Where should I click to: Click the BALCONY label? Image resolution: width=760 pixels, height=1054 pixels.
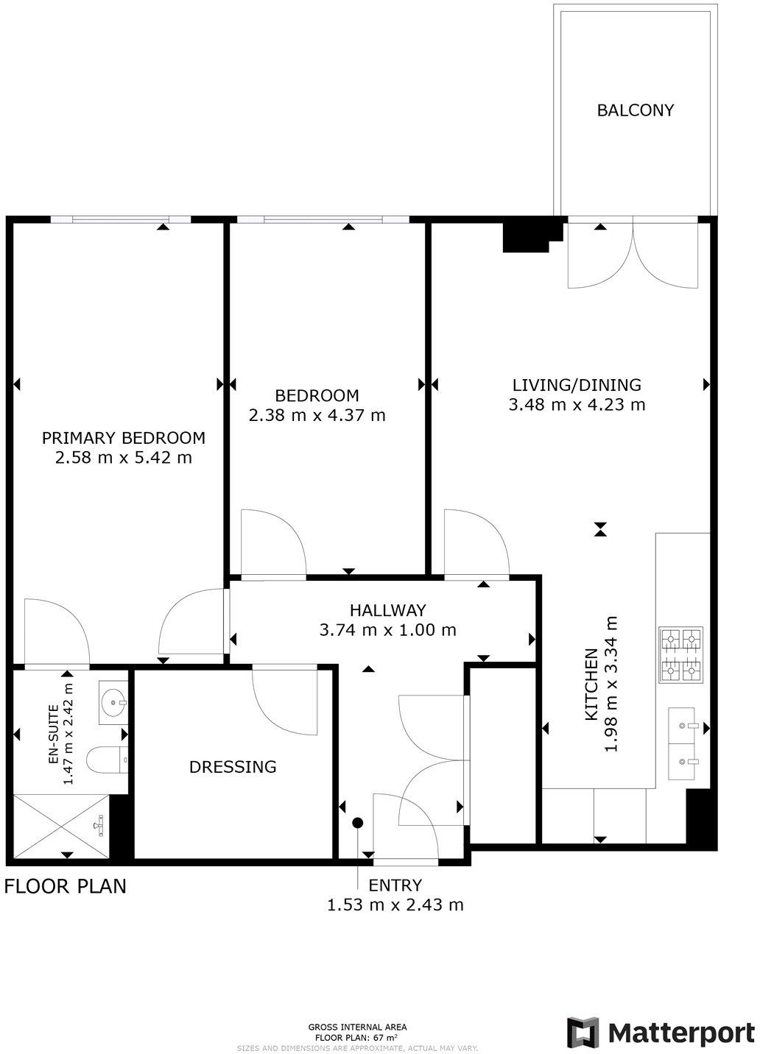click(636, 110)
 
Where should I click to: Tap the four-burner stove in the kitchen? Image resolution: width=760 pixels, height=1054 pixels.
click(681, 654)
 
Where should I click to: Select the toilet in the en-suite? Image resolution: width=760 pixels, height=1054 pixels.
click(108, 759)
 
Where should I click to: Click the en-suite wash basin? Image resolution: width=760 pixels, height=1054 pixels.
click(113, 703)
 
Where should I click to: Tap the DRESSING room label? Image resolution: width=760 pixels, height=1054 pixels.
click(233, 767)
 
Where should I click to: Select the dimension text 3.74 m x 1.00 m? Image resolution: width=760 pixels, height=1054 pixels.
click(387, 630)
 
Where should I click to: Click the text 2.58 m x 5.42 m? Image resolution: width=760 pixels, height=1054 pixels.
click(124, 457)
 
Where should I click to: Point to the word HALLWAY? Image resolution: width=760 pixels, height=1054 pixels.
click(387, 610)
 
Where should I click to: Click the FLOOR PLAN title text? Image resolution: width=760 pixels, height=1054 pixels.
click(66, 886)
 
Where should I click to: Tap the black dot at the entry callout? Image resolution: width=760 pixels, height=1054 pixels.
click(358, 822)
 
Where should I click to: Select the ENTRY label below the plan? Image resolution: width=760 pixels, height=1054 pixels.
click(395, 885)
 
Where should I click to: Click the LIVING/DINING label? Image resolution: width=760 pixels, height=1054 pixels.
click(577, 385)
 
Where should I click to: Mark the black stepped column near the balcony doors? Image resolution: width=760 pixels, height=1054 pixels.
click(533, 234)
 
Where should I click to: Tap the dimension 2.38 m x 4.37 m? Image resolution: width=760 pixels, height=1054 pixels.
click(317, 415)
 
